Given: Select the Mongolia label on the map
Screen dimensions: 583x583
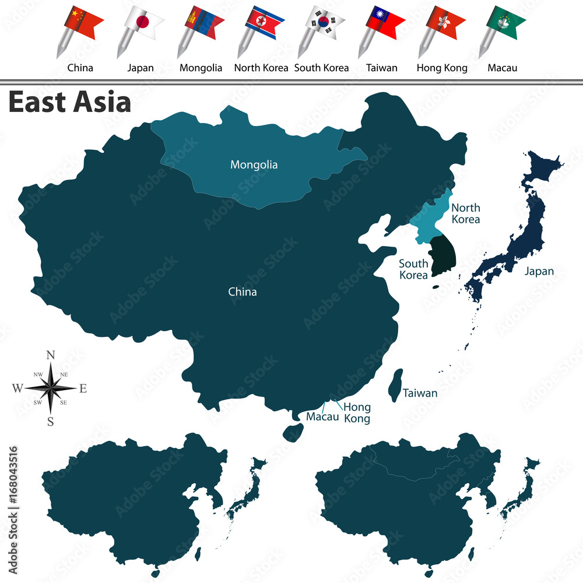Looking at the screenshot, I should tap(254, 165).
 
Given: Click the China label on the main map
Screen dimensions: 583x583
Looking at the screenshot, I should tap(242, 292).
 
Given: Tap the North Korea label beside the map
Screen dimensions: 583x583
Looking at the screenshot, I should tap(466, 213).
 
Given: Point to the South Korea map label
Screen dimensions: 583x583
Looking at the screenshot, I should tap(413, 269).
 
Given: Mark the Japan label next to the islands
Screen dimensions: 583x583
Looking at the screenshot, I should tap(539, 271).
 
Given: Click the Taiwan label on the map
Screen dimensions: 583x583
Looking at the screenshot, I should tap(420, 394).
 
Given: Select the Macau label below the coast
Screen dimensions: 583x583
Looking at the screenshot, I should tap(322, 417).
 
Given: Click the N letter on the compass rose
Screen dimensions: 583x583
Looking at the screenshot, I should tap(51, 356).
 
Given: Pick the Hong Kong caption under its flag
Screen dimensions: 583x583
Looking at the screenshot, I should tap(442, 68).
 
